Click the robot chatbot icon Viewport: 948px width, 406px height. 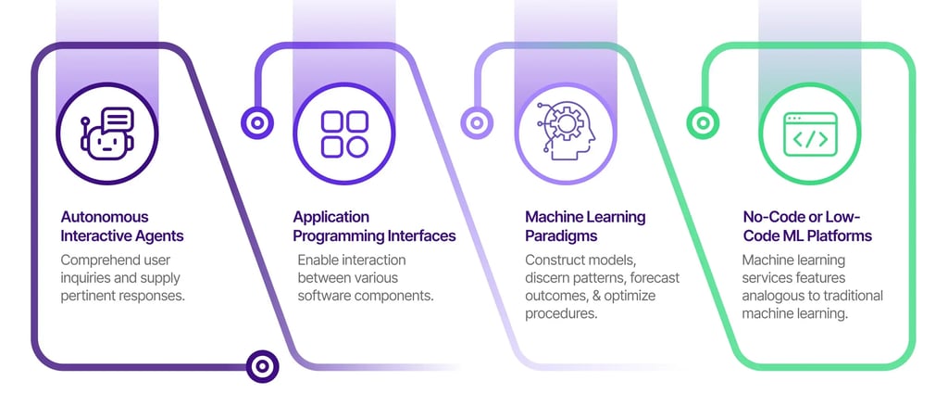[107, 134]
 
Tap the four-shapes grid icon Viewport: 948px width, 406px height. [343, 134]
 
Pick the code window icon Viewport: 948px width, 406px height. [809, 134]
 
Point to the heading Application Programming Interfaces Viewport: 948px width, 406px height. [374, 226]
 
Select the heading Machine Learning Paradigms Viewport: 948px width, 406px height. [585, 226]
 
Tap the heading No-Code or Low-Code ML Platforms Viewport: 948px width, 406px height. [806, 226]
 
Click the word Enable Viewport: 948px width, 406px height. [319, 260]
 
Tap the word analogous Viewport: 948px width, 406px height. [775, 296]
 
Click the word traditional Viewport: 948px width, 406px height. [851, 296]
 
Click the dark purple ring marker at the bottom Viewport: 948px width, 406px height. [262, 366]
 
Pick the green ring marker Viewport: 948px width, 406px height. [703, 121]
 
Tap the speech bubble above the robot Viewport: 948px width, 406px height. [118, 120]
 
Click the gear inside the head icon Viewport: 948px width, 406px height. [562, 123]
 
